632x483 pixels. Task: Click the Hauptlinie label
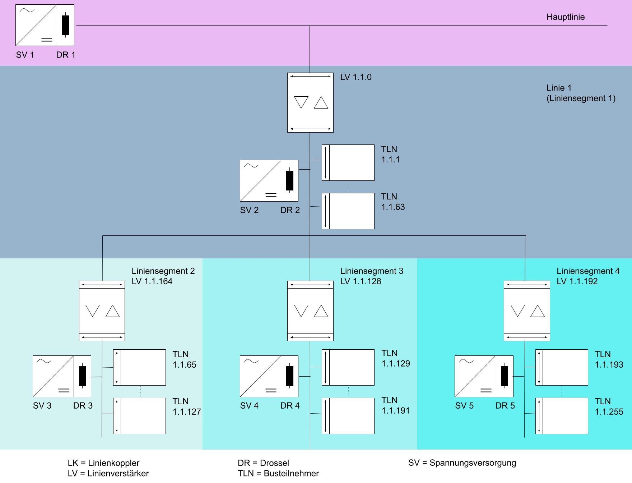point(565,17)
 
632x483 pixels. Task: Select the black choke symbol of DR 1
point(65,25)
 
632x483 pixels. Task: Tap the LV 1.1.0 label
point(355,77)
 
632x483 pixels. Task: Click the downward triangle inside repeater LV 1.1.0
point(301,102)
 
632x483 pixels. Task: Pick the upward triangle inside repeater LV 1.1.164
point(112,311)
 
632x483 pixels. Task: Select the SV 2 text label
point(249,210)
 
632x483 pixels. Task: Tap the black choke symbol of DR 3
point(83,376)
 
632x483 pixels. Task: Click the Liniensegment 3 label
point(372,271)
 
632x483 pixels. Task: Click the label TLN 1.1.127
point(186,406)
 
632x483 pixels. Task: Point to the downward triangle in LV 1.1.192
point(517,310)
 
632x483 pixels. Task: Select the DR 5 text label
point(505,406)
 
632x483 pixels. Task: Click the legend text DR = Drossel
point(263,463)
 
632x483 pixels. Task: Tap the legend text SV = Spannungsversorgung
point(462,463)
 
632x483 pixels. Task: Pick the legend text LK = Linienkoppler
point(103,463)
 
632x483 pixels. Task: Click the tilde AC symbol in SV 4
point(251,361)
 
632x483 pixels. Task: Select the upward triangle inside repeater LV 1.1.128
point(321,311)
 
